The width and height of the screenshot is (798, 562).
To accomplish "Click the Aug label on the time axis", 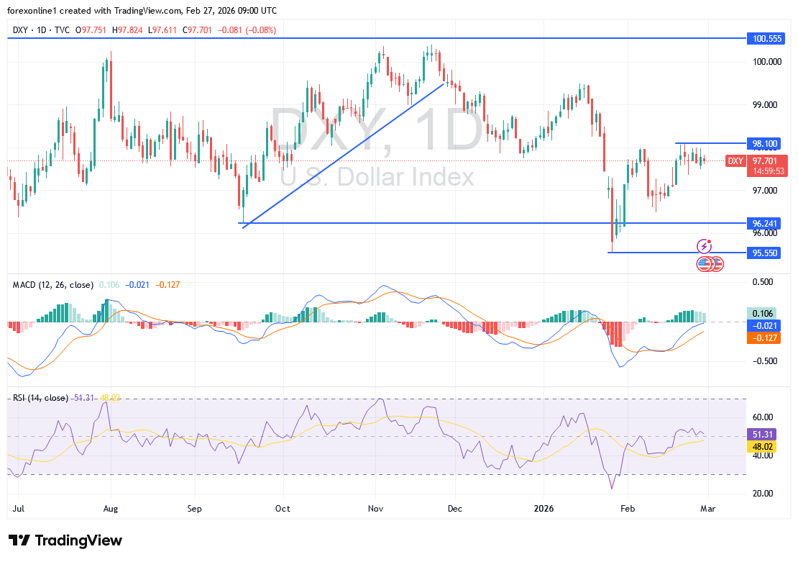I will click(x=110, y=508).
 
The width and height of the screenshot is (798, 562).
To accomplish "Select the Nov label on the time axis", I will click(x=376, y=508).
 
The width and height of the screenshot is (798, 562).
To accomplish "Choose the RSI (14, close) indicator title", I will click(x=40, y=398).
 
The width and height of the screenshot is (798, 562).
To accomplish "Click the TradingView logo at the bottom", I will click(x=65, y=540).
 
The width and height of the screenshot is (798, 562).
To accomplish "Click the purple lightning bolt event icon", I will click(x=704, y=246).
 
